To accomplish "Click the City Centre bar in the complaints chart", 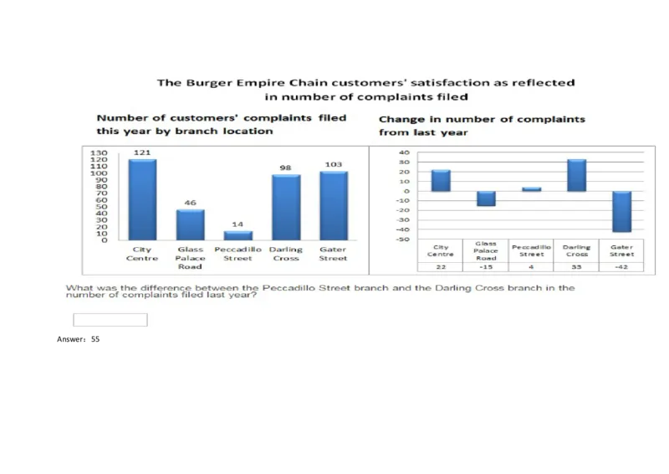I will coord(142,199).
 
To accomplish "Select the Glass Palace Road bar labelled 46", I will coord(190,224).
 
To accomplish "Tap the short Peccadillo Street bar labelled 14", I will coord(237,235).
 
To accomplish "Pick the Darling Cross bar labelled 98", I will coord(286,207).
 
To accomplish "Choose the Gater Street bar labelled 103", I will coord(334,205).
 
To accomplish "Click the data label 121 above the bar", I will coord(141,152).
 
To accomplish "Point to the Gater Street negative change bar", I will coord(621,211).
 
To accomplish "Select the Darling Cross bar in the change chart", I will coord(576,175).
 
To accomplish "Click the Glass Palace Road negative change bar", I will coord(486,198).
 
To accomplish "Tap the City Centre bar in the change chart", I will coord(441,180).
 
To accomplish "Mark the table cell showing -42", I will coord(621,267).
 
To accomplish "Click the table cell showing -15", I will coord(486,267).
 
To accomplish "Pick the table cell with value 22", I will coord(441,267).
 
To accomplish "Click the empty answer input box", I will coord(110,320).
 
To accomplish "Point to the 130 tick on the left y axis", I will coord(99,154).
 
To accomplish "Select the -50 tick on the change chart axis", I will coord(404,240).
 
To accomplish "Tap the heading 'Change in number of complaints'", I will coord(482,119).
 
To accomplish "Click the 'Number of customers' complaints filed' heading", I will coord(221,118).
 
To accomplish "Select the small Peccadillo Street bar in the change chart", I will coord(531,189).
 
